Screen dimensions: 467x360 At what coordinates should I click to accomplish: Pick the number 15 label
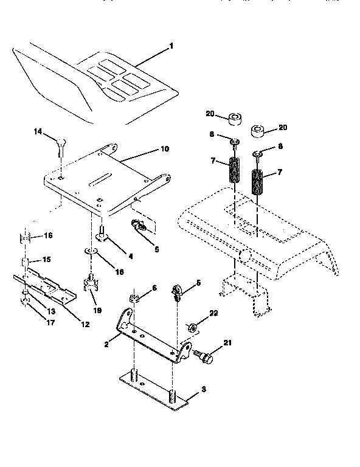(x=46, y=260)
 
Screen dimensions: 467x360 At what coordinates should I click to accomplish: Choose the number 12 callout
(x=85, y=324)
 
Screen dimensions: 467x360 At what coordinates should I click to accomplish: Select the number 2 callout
(x=106, y=344)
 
